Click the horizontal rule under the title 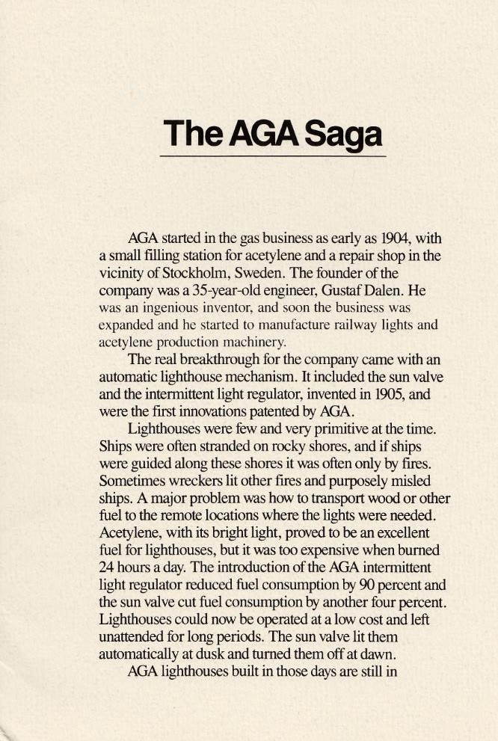coord(273,156)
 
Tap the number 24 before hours coord(108,565)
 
